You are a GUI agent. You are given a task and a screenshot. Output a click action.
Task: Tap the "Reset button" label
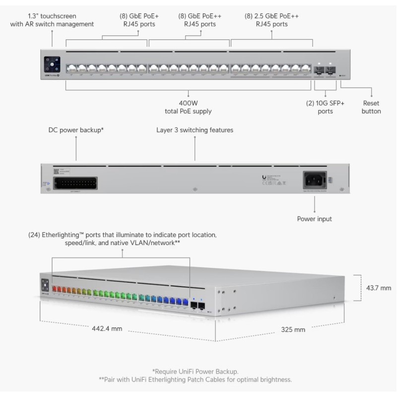click(372, 107)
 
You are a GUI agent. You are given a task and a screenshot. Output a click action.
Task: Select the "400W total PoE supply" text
click(188, 107)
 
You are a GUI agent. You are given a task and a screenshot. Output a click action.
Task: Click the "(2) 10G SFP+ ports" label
click(326, 107)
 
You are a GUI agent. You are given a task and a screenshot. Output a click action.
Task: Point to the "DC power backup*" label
click(76, 130)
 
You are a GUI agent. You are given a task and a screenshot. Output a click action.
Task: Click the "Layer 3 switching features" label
click(195, 130)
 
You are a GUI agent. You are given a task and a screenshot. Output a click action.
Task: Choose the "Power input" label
click(315, 218)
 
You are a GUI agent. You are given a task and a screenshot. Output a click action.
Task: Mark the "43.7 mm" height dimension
click(379, 287)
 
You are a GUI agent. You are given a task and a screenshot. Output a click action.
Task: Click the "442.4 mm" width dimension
click(107, 329)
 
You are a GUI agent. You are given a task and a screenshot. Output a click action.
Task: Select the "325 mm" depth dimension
click(293, 329)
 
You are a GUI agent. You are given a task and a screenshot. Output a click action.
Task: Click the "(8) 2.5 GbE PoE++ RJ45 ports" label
click(271, 19)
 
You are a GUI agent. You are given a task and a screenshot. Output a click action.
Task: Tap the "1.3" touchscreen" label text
click(52, 19)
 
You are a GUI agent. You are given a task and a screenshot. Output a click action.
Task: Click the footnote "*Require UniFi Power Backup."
click(198, 371)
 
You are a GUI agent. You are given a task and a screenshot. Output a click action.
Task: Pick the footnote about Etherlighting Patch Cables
click(198, 380)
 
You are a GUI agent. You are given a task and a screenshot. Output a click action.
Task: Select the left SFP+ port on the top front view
click(319, 69)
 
